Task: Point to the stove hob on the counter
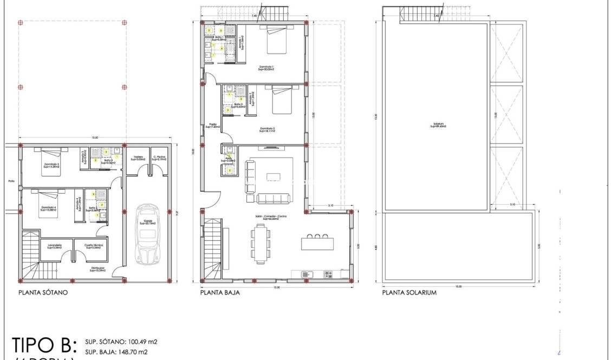[328, 274]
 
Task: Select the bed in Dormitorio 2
[282, 101]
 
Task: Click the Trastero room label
[138, 158]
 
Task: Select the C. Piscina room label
[159, 158]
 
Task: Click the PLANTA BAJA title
[220, 293]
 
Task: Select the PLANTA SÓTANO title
[43, 293]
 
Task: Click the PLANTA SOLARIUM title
[409, 293]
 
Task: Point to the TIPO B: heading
[45, 345]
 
